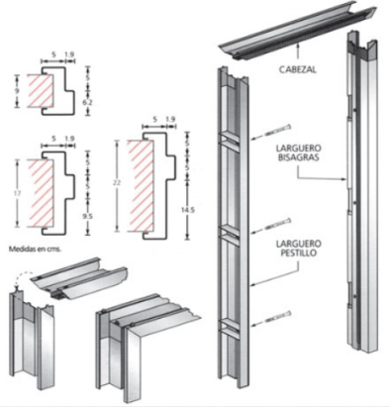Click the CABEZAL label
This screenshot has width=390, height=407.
(298, 69)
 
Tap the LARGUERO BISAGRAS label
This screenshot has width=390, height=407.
(299, 153)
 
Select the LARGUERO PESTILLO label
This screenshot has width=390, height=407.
(298, 249)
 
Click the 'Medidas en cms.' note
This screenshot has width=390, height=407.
(35, 249)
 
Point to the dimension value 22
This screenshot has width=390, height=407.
(117, 182)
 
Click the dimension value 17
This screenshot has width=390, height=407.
(17, 193)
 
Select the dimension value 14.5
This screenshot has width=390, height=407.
(188, 209)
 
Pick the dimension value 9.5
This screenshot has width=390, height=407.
(87, 216)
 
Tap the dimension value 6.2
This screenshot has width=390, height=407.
(88, 103)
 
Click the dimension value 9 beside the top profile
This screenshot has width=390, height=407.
(17, 90)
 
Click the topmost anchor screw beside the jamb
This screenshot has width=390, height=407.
(273, 132)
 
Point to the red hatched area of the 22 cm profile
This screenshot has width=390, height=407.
(141, 186)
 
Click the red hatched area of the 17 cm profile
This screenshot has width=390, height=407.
(40, 193)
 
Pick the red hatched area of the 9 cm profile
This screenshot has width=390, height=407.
(40, 91)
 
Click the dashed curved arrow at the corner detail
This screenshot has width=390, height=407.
(22, 277)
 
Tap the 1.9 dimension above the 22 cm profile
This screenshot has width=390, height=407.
(170, 120)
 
